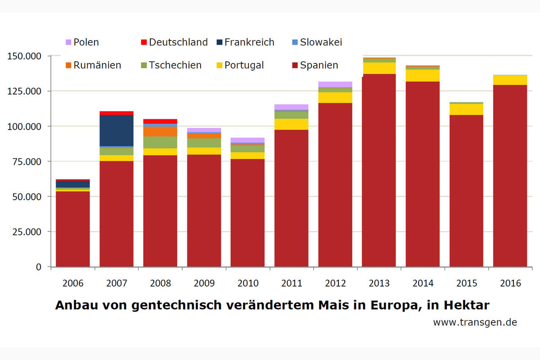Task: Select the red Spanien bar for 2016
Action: (510, 175)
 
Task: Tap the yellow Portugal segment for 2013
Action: (379, 68)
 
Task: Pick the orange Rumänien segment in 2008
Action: (160, 131)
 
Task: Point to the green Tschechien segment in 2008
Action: (160, 142)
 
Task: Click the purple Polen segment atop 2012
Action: (335, 85)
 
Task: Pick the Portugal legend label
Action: (244, 65)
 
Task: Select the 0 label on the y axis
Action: (39, 267)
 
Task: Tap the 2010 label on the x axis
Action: (248, 283)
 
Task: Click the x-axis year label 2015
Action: (466, 283)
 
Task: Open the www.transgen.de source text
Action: (475, 323)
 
